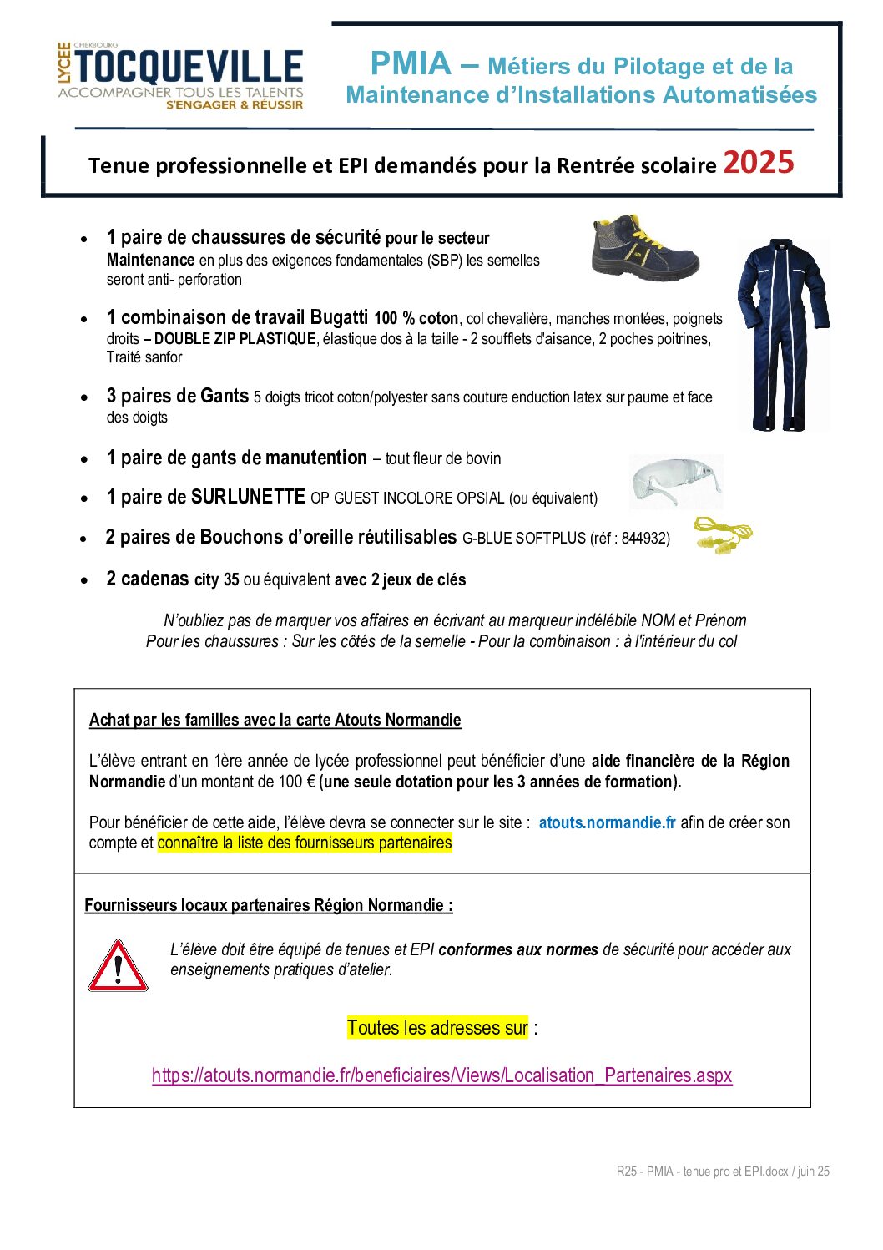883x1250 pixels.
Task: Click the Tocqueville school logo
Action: point(180,76)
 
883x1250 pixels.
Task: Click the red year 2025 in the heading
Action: point(758,162)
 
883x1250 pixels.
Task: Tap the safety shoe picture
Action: point(643,247)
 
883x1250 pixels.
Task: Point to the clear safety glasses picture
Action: point(675,482)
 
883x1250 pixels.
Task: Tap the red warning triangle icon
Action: point(118,967)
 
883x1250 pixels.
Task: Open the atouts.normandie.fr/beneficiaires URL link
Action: point(441,1075)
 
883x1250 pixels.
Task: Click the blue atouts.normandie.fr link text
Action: point(607,822)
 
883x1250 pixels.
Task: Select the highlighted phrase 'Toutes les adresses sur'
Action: point(437,1027)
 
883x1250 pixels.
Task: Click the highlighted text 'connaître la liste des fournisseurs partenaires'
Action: point(305,843)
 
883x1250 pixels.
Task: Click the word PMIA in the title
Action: point(411,64)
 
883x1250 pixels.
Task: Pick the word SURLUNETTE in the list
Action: point(248,498)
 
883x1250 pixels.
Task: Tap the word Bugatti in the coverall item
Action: point(339,318)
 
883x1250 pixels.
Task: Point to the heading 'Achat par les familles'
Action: point(275,720)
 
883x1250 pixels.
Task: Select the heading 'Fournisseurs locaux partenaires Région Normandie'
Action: point(268,905)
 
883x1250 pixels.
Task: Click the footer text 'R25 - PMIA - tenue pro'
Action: point(723,1172)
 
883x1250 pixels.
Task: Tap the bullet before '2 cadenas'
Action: point(84,580)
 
